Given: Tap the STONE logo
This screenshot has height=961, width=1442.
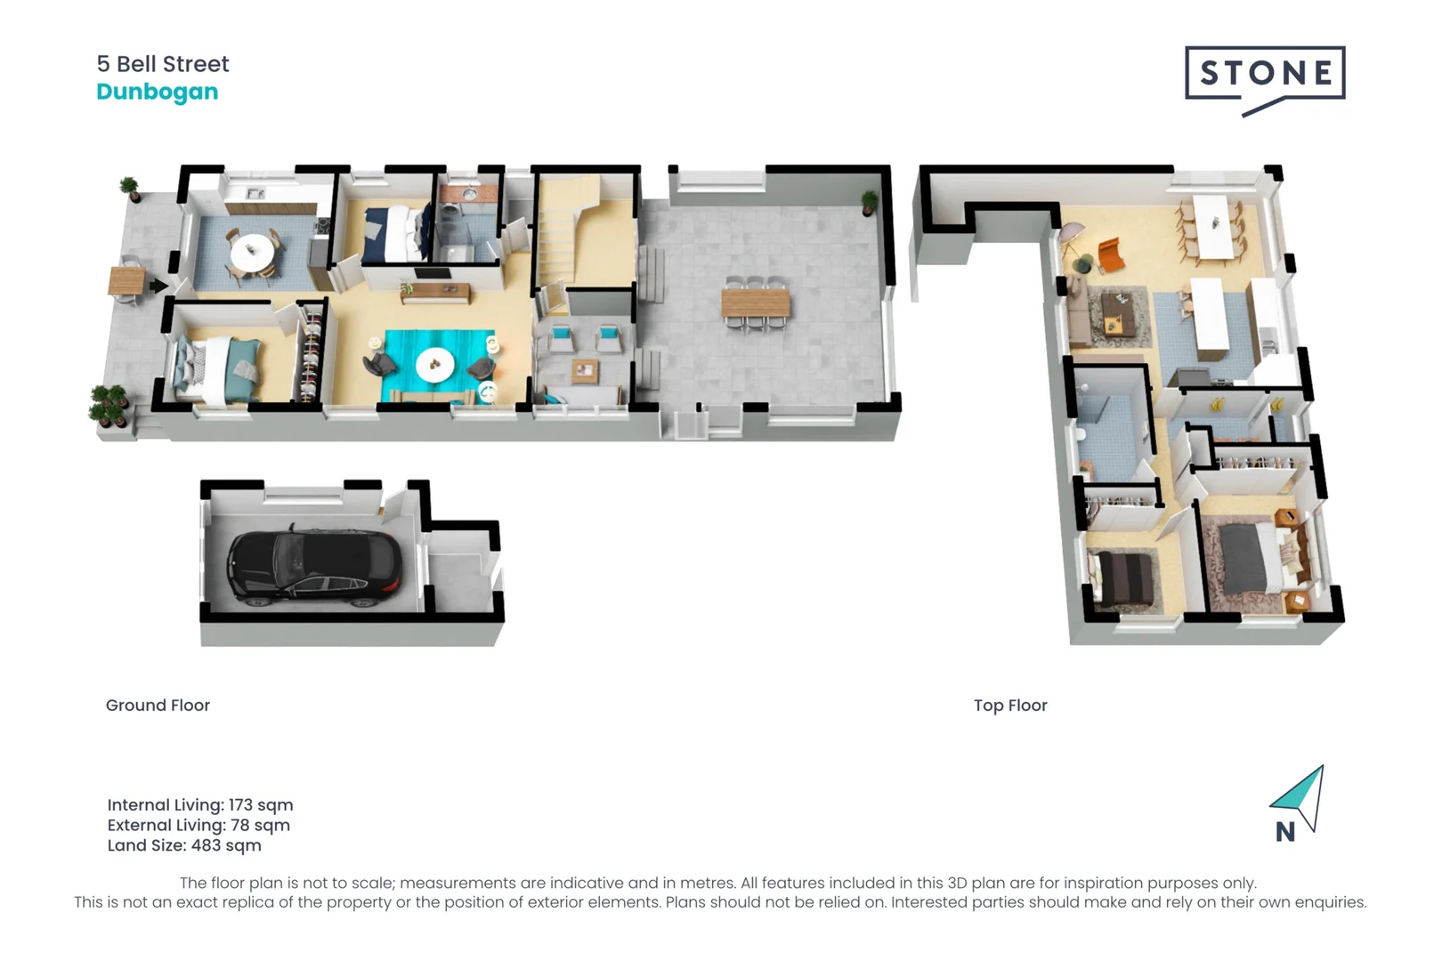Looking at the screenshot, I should [x=1265, y=75].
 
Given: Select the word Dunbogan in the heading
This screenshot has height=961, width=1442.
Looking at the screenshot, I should [x=158, y=92].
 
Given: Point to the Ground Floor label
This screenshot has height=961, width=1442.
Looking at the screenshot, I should [x=158, y=706].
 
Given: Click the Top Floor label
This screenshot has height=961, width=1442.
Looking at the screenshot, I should [x=1010, y=706].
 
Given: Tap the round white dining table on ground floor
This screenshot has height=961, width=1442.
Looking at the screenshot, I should [x=253, y=251].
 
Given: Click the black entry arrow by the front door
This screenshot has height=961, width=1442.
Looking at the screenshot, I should [x=158, y=286].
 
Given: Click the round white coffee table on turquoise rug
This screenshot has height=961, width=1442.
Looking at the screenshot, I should [x=434, y=363].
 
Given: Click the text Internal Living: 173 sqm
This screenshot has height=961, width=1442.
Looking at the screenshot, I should [x=200, y=805].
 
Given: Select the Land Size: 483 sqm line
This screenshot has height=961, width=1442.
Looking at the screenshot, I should [x=184, y=846].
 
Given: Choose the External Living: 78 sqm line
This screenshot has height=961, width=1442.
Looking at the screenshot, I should [x=198, y=826].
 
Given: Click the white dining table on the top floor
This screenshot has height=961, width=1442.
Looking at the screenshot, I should [x=1211, y=226].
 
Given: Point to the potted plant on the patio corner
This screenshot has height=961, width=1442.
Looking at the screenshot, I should [x=869, y=202].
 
